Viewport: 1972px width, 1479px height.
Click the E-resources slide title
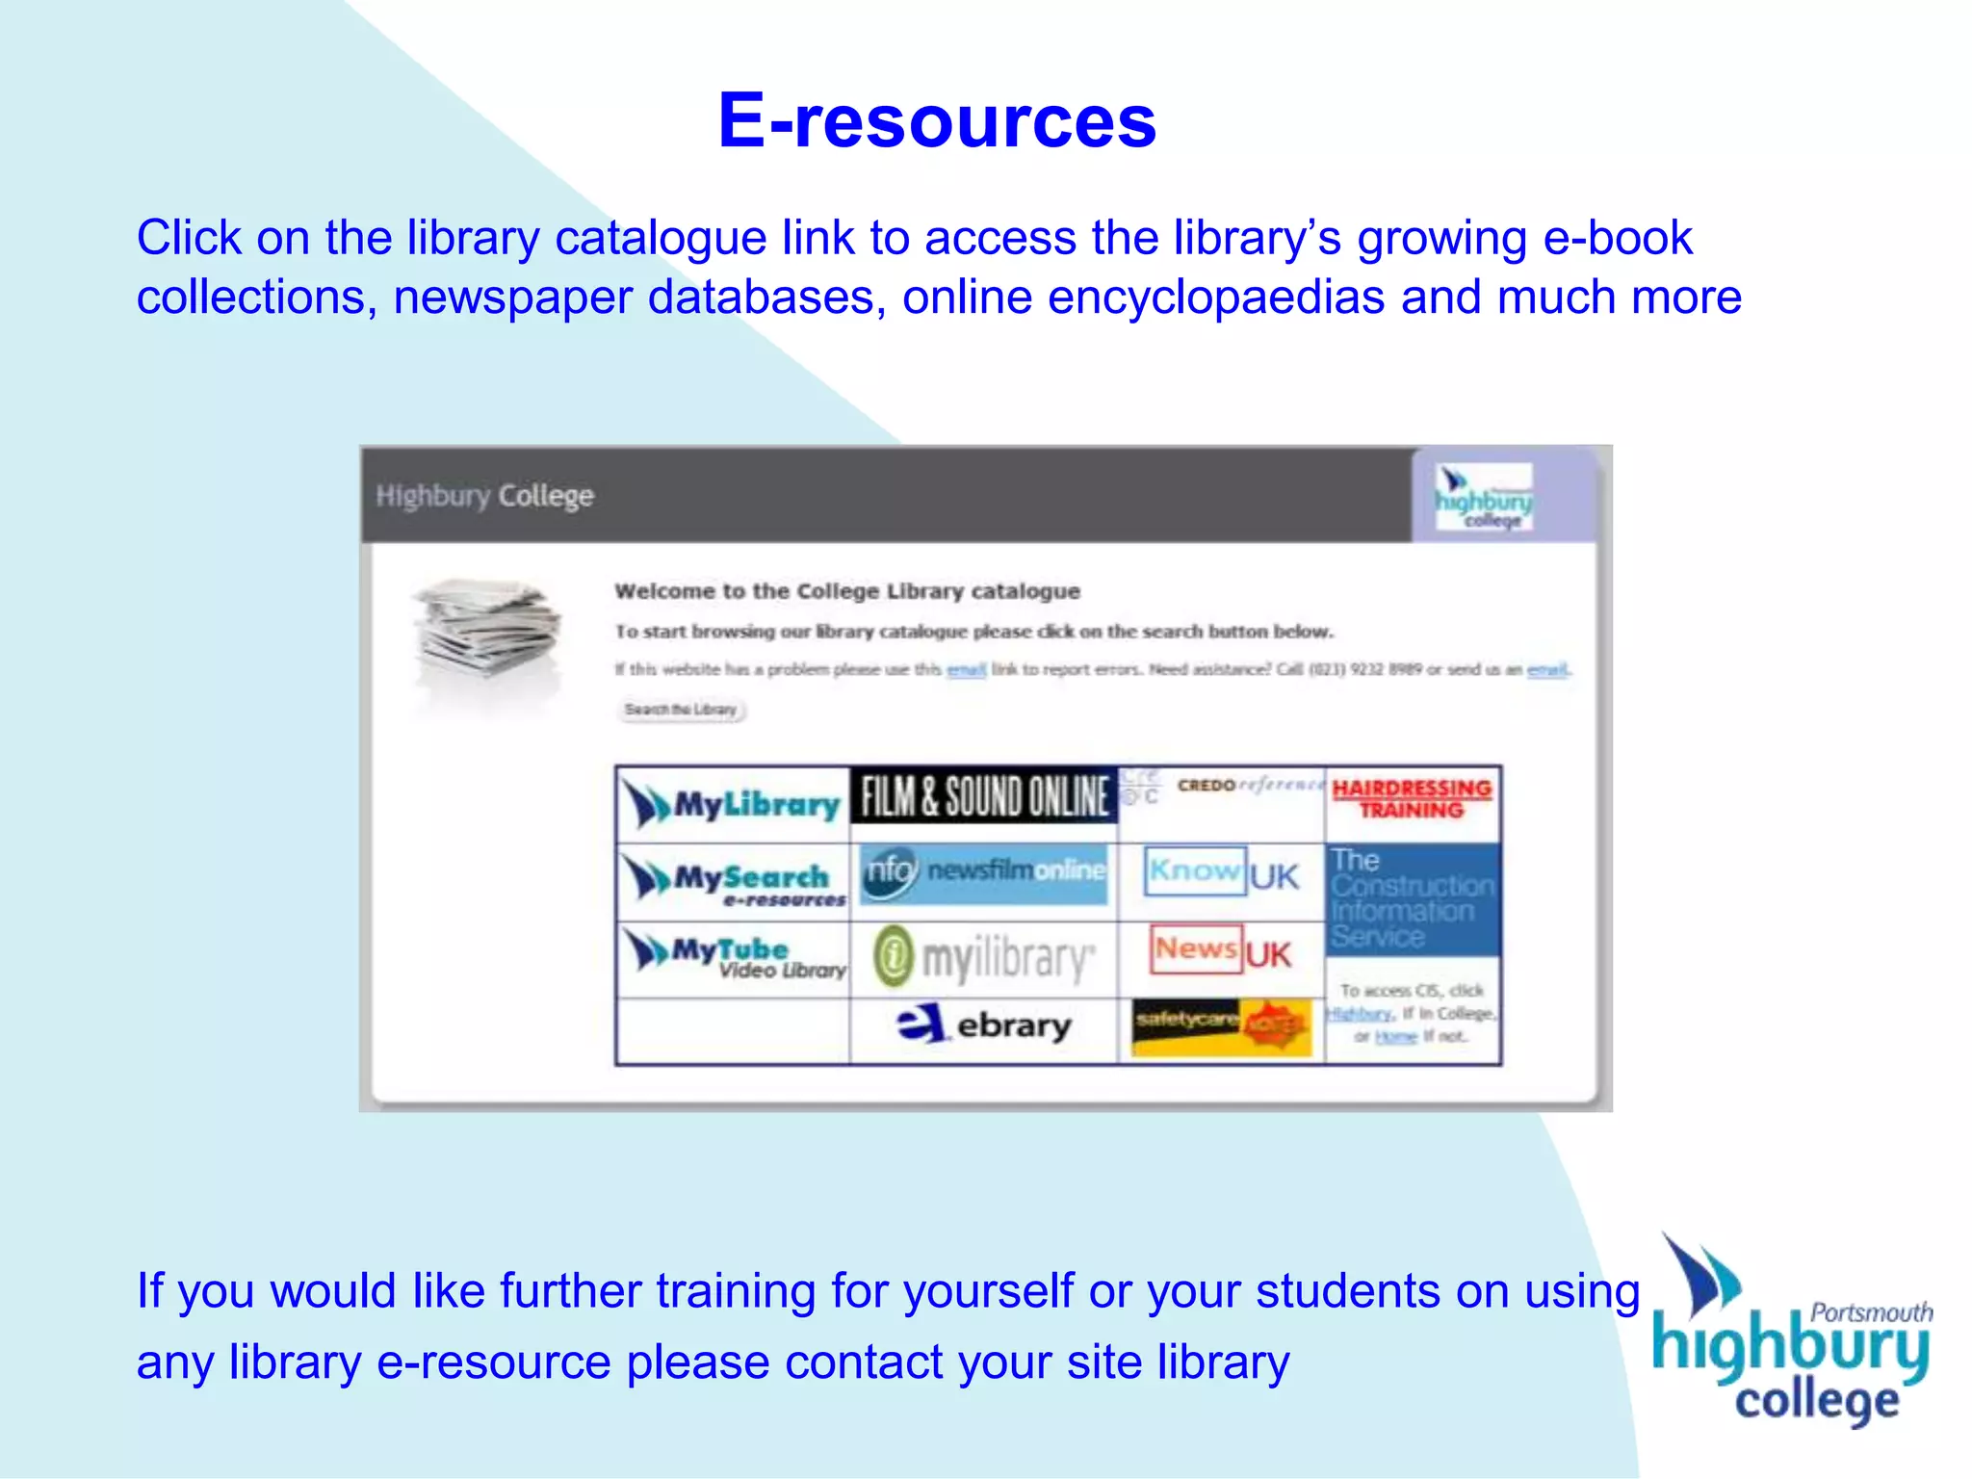[937, 121]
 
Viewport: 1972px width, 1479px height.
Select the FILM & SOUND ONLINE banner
[983, 796]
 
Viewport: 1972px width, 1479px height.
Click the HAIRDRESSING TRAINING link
[1412, 799]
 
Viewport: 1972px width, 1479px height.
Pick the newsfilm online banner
[983, 872]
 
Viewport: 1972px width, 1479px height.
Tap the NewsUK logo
[1221, 951]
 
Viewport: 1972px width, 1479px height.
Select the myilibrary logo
[984, 959]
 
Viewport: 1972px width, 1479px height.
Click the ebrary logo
[984, 1025]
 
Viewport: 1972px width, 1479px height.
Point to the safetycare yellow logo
[1221, 1026]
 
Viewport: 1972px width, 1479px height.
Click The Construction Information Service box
[1412, 898]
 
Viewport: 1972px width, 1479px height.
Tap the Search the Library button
[681, 710]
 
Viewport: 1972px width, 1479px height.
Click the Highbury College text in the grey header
[484, 496]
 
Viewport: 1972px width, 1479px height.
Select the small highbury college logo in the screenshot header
[1484, 496]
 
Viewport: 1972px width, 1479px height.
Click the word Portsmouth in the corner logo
[1871, 1311]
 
